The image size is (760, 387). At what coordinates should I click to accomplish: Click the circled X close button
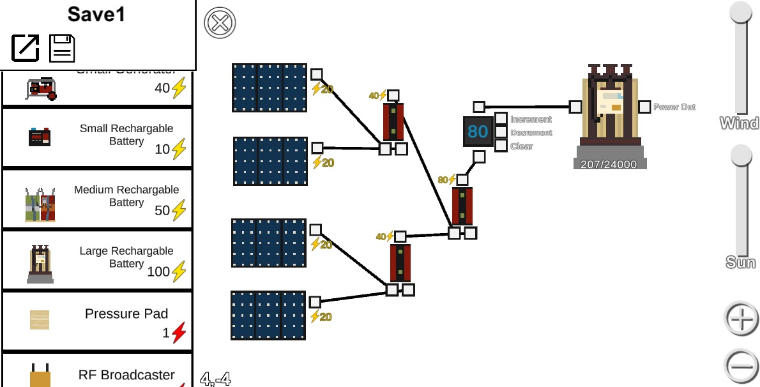coord(220,24)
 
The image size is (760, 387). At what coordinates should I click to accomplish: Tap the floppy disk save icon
coord(63,48)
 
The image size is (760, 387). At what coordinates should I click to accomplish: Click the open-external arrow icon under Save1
coord(26,48)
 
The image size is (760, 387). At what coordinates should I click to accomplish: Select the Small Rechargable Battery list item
coord(97,138)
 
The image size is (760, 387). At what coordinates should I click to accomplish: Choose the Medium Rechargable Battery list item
coord(97,199)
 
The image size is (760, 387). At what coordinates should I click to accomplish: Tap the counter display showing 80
coord(478,132)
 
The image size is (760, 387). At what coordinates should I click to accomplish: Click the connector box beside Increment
coord(501,119)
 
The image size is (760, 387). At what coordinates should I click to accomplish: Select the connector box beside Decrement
coord(501,132)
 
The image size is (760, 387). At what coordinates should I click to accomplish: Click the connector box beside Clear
coord(501,146)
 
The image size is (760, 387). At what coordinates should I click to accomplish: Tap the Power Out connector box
coord(644,107)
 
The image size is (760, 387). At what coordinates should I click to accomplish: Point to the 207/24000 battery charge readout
coord(609,164)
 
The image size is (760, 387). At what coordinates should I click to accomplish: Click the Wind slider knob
coord(741,13)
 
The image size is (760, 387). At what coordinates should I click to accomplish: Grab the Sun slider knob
coord(741,155)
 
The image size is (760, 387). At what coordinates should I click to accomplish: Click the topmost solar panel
coord(270,87)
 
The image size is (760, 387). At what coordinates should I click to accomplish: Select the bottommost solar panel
coord(268,315)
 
